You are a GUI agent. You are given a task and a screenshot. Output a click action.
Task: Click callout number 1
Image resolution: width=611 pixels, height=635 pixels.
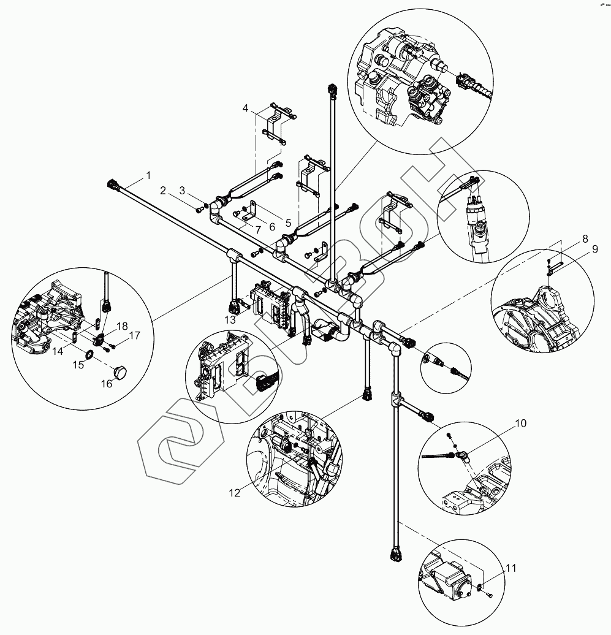tap(148, 176)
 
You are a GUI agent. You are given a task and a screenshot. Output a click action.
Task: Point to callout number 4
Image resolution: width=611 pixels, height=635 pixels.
tap(245, 108)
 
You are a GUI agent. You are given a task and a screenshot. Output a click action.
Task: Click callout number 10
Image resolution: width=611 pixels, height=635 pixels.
tap(520, 424)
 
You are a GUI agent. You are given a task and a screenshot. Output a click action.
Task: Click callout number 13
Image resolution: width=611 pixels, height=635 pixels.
tap(230, 320)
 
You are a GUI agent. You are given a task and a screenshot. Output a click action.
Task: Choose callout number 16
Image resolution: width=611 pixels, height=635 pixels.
tap(107, 384)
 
